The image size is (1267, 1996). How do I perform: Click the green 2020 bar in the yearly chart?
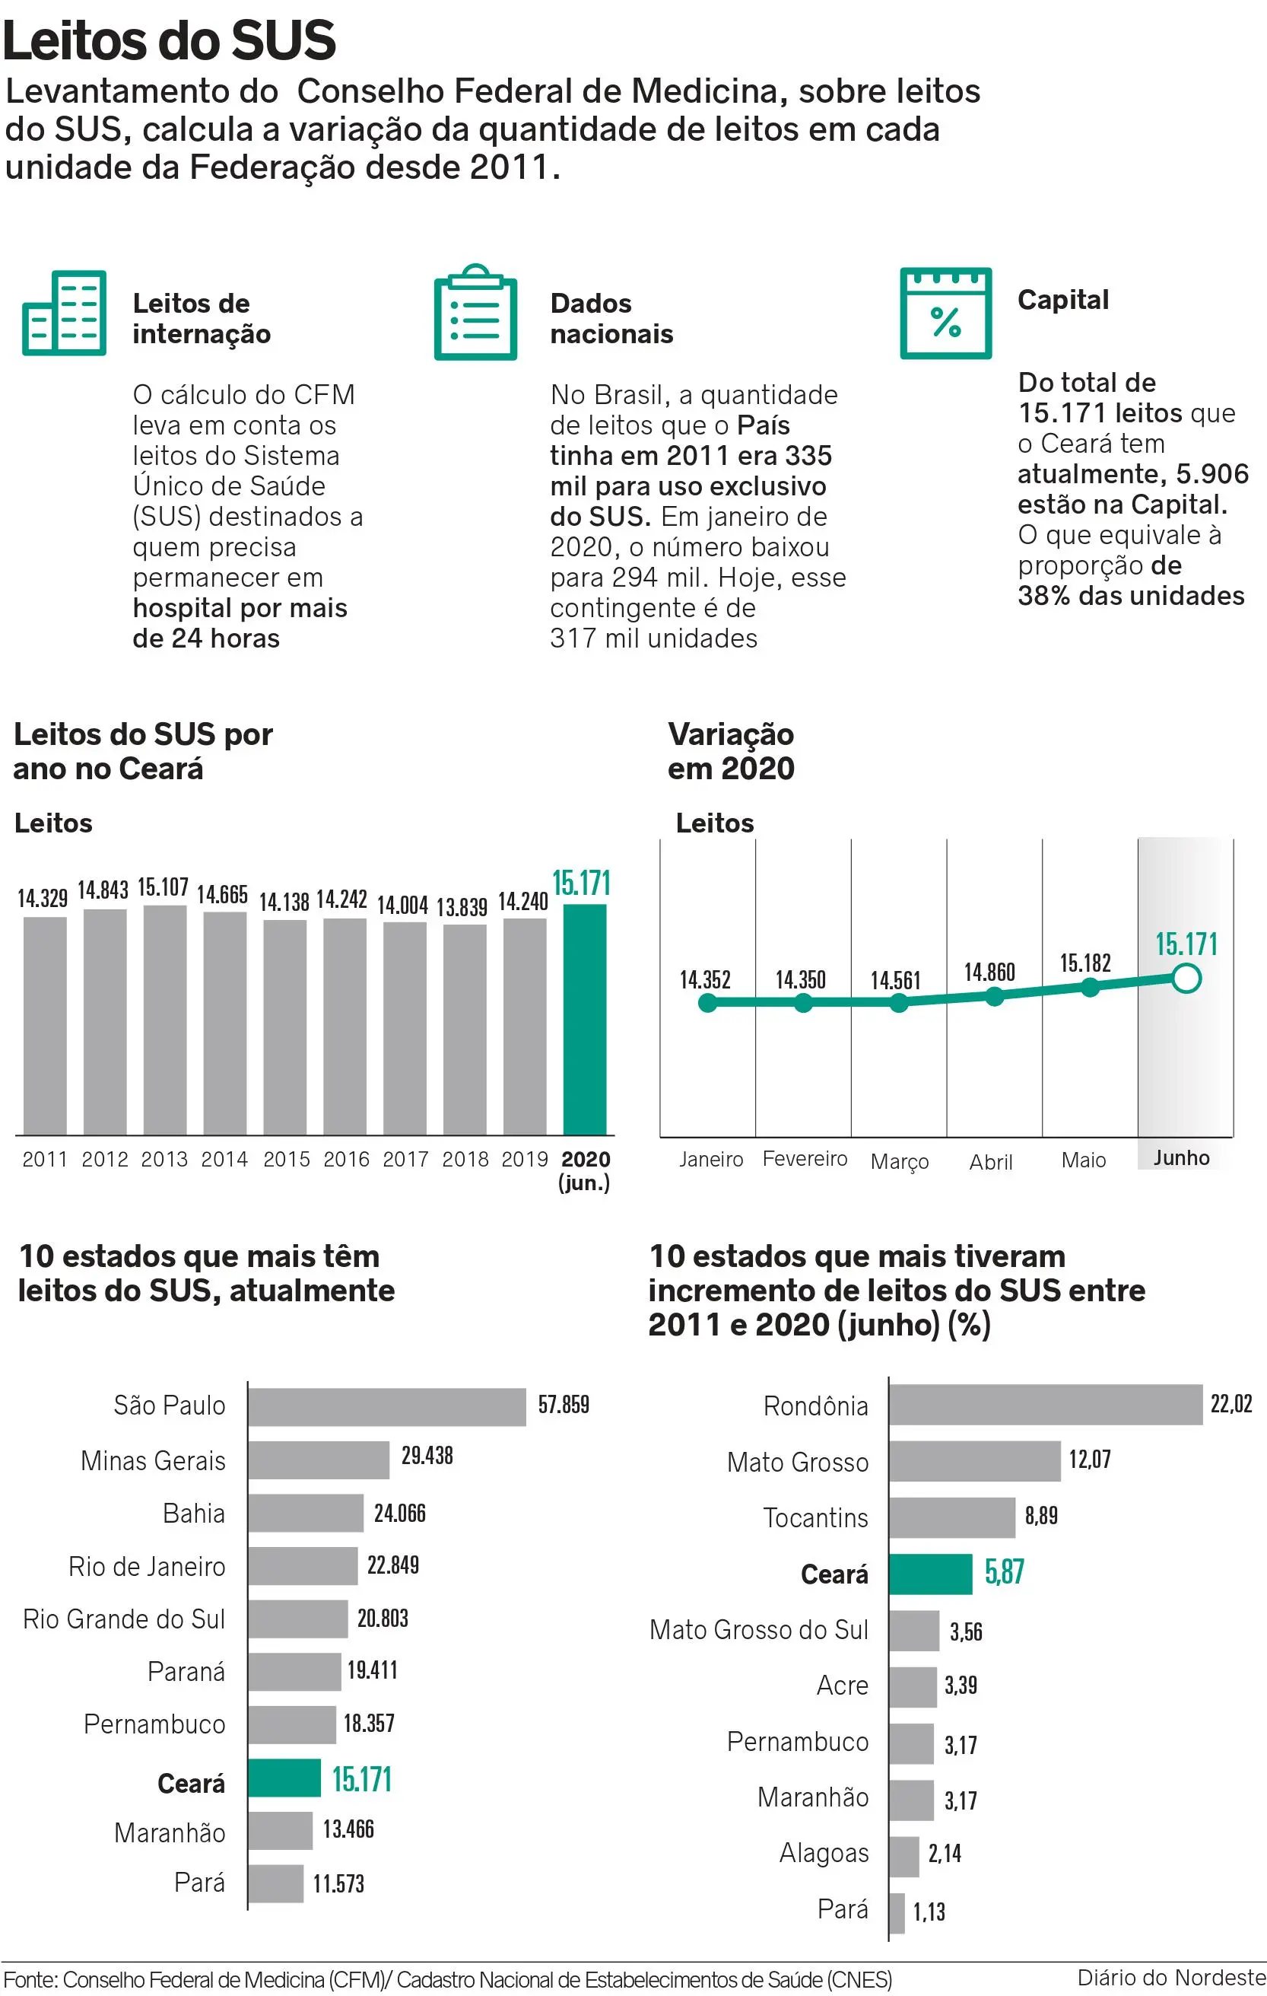[x=584, y=1020]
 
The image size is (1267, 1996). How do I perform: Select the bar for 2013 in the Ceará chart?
[x=165, y=1020]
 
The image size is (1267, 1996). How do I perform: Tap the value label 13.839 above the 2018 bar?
[x=462, y=907]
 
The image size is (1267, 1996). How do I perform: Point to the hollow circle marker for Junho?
[x=1186, y=979]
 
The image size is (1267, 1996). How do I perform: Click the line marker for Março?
[x=898, y=1003]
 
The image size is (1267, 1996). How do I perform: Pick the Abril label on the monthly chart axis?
[x=991, y=1162]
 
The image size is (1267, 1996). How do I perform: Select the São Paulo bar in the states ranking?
[x=386, y=1408]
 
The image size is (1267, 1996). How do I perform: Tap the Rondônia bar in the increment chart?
[x=1045, y=1405]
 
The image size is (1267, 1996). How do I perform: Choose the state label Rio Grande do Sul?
[x=124, y=1619]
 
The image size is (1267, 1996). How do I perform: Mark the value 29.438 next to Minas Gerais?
[x=427, y=1456]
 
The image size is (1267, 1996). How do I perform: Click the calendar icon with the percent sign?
[x=945, y=314]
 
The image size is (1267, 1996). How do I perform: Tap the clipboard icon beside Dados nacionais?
[x=475, y=314]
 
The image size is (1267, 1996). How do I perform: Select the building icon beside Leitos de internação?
[x=65, y=314]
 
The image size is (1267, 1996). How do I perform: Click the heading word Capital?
[x=1062, y=300]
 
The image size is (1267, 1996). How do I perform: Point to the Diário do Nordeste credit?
[x=1171, y=1978]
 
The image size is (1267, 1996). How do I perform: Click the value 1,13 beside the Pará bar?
[x=929, y=1912]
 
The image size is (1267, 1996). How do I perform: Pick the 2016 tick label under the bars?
[x=346, y=1159]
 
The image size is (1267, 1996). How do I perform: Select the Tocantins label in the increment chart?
[x=815, y=1517]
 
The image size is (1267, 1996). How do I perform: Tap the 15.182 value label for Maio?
[x=1084, y=963]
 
